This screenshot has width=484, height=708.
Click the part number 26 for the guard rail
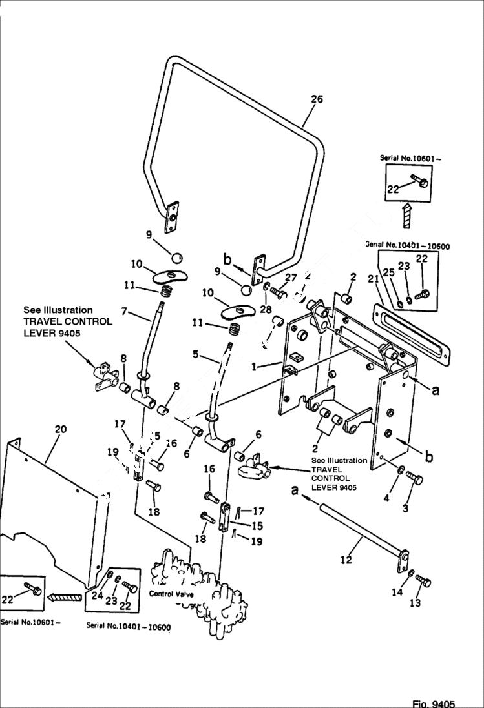(317, 99)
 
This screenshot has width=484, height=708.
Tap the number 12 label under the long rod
(346, 560)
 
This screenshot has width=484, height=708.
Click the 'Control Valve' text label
(171, 594)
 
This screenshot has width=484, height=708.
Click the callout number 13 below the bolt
(415, 603)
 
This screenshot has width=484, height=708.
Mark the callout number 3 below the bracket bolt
(405, 508)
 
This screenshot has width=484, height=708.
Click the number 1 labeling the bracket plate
(255, 367)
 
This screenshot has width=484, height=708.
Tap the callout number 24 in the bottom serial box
(96, 596)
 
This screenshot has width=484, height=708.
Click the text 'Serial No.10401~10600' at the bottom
(128, 626)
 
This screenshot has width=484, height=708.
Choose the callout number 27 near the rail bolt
(290, 278)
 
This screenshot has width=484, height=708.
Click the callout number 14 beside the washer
(397, 592)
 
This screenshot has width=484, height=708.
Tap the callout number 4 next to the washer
(388, 498)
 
